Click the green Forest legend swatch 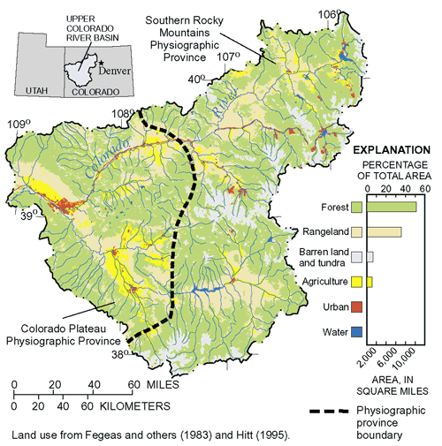coord(356,208)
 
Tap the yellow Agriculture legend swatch coord(356,282)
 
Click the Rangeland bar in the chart coord(384,232)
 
